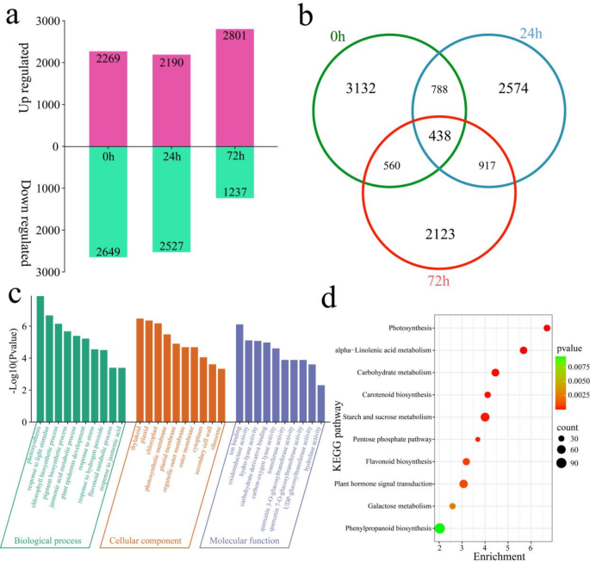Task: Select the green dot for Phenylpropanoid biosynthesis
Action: pyautogui.click(x=439, y=528)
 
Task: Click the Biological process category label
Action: pyautogui.click(x=48, y=540)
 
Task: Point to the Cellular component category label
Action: pyautogui.click(x=146, y=540)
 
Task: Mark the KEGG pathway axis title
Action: pyautogui.click(x=324, y=428)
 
